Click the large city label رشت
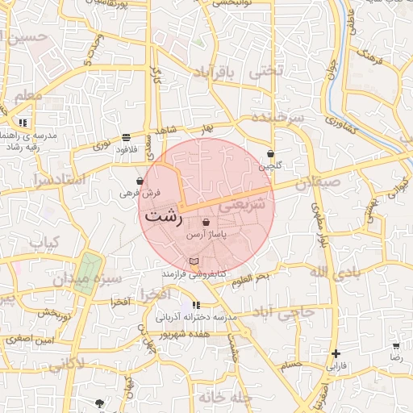click(x=165, y=217)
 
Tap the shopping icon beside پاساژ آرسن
click(x=206, y=223)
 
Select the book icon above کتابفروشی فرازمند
click(x=193, y=261)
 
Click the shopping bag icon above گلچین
click(x=270, y=153)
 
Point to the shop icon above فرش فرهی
click(x=140, y=181)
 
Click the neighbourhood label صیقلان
click(x=313, y=184)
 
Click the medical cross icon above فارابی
click(x=336, y=353)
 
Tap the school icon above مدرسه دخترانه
click(x=195, y=306)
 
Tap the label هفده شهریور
click(x=185, y=332)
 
